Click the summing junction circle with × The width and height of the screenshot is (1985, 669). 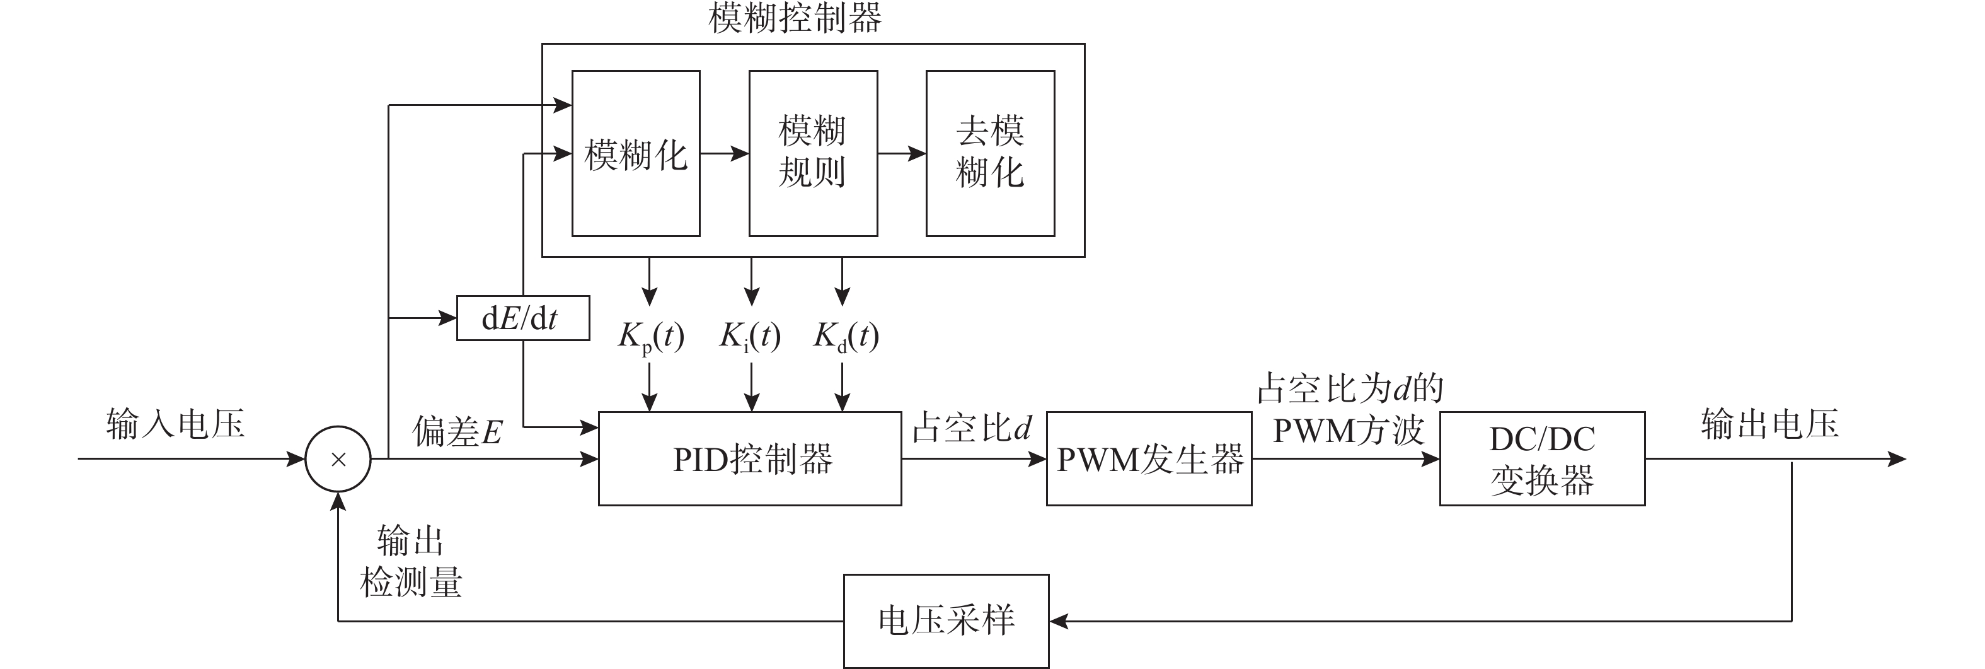click(x=338, y=460)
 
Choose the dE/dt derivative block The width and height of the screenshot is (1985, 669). click(x=522, y=318)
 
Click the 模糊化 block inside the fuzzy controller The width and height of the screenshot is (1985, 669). click(x=636, y=153)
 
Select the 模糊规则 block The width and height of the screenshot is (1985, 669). click(x=813, y=153)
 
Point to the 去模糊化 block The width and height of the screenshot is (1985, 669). click(x=990, y=153)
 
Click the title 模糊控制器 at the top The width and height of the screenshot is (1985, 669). click(x=795, y=18)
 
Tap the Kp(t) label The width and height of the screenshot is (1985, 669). click(x=651, y=336)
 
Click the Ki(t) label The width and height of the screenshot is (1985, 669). click(x=750, y=336)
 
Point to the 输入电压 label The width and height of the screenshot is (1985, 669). click(x=176, y=424)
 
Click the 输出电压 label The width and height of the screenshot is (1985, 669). click(x=1770, y=424)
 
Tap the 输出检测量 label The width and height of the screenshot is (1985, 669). click(x=411, y=562)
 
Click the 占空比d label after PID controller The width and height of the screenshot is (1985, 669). click(x=971, y=428)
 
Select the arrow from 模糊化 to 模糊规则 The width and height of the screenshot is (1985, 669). click(x=724, y=153)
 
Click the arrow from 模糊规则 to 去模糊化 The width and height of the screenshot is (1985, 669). click(x=902, y=153)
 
